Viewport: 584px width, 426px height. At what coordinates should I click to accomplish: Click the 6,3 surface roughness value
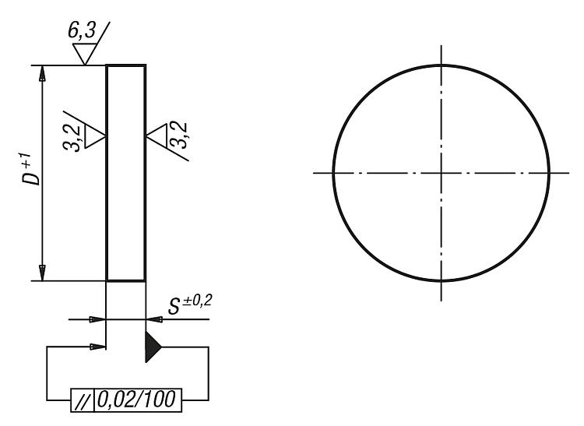82,30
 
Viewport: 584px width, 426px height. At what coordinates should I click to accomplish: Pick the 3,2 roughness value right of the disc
179,135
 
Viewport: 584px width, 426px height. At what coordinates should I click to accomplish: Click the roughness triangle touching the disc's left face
95,136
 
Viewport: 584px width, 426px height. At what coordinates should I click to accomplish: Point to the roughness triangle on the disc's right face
157,136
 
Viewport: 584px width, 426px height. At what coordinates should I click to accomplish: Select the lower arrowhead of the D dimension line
43,273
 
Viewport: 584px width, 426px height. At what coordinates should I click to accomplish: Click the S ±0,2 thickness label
190,305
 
